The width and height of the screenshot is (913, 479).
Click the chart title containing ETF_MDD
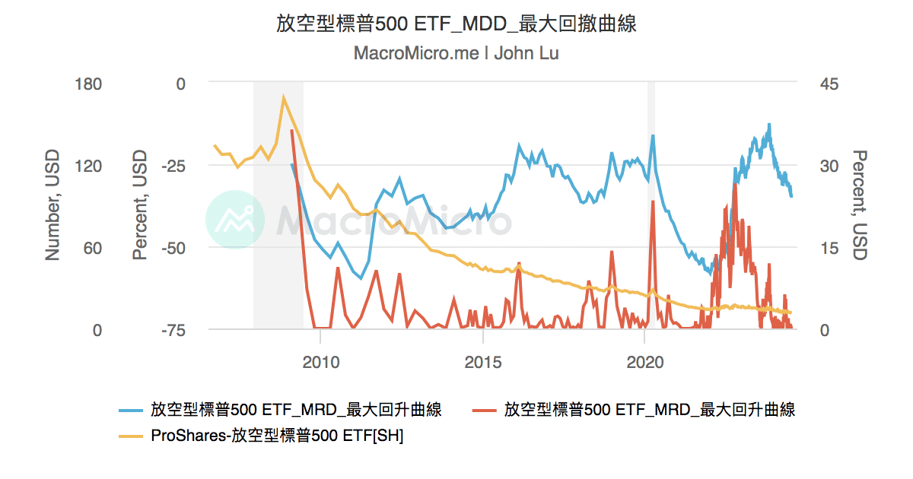point(456,24)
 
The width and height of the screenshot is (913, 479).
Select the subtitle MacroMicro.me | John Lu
point(456,54)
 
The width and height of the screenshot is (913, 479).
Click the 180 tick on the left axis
point(87,84)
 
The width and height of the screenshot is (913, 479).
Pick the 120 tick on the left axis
point(87,166)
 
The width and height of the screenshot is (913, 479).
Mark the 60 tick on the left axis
point(92,248)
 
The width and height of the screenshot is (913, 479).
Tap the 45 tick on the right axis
point(827,84)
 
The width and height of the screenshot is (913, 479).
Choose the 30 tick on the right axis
point(827,166)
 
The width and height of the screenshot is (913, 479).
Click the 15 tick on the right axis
point(826,248)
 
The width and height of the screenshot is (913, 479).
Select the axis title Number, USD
point(52,206)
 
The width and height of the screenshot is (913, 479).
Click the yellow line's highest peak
point(284,97)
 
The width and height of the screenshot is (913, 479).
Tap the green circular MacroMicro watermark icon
point(235,219)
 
